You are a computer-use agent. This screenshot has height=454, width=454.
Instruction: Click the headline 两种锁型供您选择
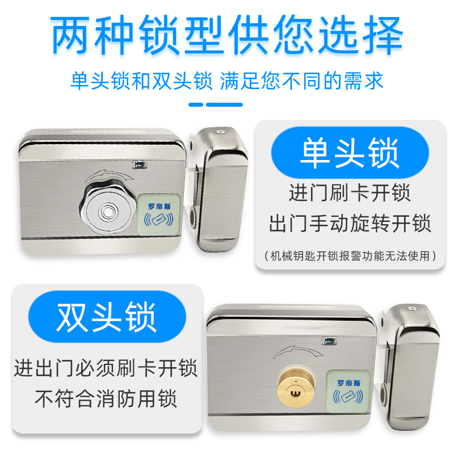click(227, 35)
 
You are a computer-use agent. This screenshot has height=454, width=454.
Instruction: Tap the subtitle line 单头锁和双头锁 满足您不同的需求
click(227, 80)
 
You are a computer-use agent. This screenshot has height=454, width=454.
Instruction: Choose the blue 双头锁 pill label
click(106, 318)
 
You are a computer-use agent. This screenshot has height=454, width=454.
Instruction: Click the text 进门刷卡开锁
click(350, 193)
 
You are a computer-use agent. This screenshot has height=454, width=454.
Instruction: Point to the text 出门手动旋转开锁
click(350, 223)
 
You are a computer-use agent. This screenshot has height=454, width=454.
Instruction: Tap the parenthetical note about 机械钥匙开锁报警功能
click(350, 255)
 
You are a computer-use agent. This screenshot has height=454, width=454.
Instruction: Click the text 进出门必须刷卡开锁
click(106, 368)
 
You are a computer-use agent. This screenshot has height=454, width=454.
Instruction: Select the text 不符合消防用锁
click(106, 398)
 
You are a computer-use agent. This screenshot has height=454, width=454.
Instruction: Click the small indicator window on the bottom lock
click(329, 342)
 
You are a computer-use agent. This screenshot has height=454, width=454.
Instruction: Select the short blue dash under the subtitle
click(195, 104)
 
